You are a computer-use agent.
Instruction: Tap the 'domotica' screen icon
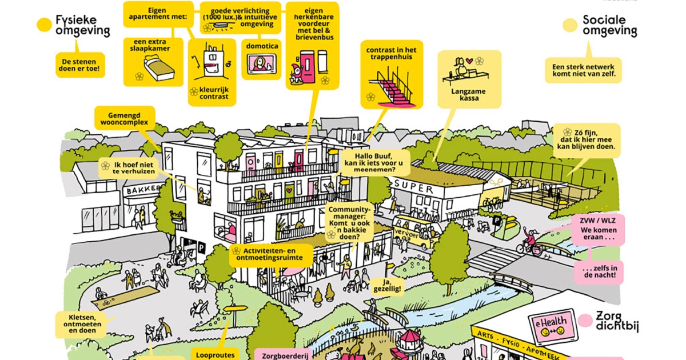coord(261,63)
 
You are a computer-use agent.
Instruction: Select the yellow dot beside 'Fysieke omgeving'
coord(44,25)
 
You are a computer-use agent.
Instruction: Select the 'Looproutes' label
coord(212,354)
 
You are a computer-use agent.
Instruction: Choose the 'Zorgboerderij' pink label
coord(281,354)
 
